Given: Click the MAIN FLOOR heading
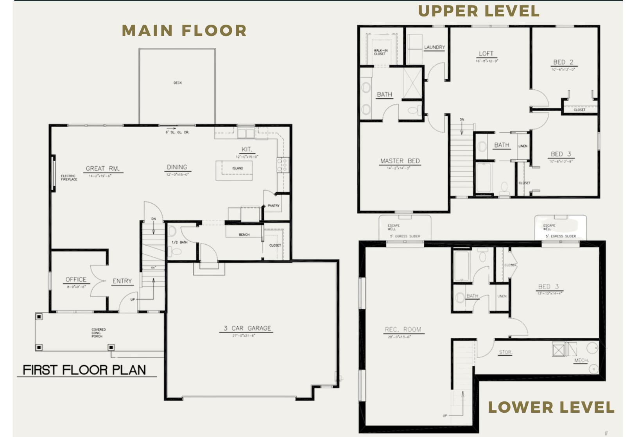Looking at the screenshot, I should [x=184, y=31].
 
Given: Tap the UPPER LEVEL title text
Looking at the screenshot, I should [x=478, y=11].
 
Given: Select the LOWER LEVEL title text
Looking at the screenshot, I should [x=551, y=407].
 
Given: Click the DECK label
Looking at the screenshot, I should [x=177, y=83].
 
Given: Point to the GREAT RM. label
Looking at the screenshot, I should [x=102, y=169].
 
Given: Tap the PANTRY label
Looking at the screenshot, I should [x=273, y=206].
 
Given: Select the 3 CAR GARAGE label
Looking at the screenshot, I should [x=247, y=328].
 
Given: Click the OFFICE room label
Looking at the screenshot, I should [x=76, y=280].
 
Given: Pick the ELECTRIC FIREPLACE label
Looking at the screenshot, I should [x=69, y=178].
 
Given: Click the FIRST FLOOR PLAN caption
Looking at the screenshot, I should [x=84, y=370].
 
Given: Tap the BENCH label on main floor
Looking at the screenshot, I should [x=244, y=235].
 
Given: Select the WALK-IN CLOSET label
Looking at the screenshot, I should [x=380, y=52].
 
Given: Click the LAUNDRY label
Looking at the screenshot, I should [x=434, y=47].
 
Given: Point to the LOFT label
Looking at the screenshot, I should [x=486, y=54].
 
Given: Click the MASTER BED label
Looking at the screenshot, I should [x=400, y=161].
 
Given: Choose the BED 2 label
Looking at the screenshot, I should [x=563, y=62].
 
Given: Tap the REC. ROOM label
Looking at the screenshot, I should [x=403, y=330].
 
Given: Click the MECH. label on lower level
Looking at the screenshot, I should [x=581, y=360].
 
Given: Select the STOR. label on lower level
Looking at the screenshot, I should [x=505, y=352].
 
